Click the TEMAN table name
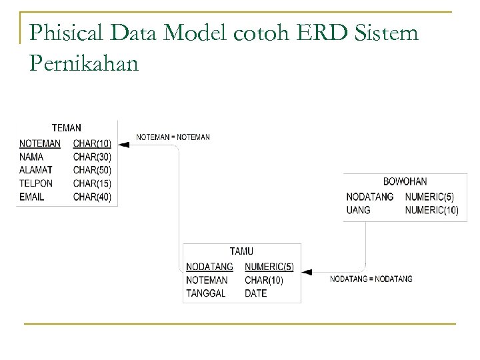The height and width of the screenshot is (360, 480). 67,127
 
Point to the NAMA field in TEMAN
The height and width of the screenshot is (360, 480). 31,157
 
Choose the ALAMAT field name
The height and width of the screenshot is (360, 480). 36,170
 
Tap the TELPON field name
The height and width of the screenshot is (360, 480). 37,183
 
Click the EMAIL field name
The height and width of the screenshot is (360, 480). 33,197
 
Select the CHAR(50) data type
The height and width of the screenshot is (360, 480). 92,170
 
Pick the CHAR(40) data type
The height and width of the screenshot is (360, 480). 92,197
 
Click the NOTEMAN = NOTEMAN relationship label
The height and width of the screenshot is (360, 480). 173,137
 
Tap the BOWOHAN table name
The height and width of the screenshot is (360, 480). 405,181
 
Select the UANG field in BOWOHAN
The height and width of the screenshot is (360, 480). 358,210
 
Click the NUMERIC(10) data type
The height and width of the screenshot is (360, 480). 431,210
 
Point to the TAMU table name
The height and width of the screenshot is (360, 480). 241,251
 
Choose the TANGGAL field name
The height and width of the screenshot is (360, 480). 206,293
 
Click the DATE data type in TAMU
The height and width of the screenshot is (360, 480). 255,293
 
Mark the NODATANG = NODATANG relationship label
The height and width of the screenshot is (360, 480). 371,279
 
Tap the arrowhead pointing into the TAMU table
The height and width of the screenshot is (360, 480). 307,272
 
